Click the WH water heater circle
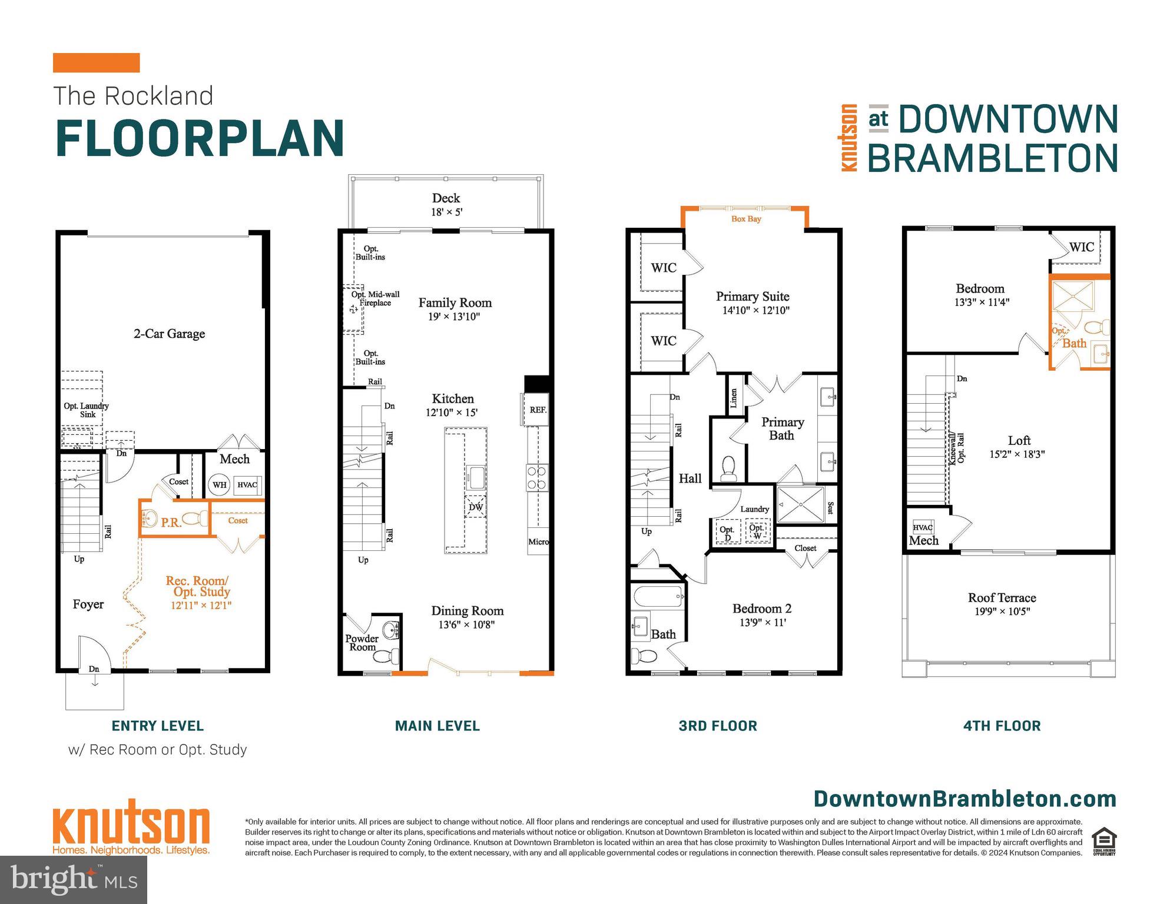[x=219, y=485]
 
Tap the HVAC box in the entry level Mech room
[x=247, y=485]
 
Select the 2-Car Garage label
[x=169, y=334]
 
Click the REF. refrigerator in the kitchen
[x=538, y=410]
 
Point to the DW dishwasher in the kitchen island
[x=476, y=507]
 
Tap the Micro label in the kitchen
[x=538, y=541]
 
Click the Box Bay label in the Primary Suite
[x=746, y=219]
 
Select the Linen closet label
[x=734, y=398]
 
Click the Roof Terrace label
[x=1002, y=598]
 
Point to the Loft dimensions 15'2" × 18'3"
[x=1017, y=454]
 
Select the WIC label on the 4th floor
[x=1081, y=247]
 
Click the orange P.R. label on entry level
[x=171, y=523]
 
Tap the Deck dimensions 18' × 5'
[x=446, y=212]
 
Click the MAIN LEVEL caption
[x=437, y=726]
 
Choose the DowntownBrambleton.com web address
[x=964, y=799]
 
